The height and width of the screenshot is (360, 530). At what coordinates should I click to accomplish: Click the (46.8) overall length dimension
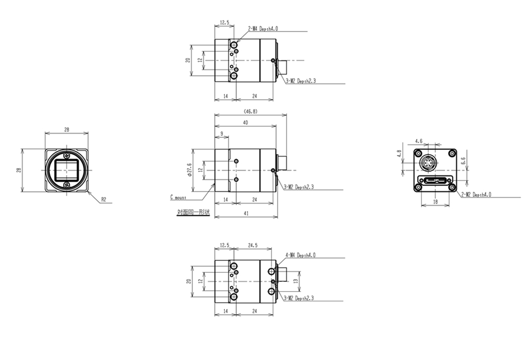251,111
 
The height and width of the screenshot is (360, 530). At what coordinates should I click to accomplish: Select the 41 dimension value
246,213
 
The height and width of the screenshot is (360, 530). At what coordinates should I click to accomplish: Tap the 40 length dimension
245,122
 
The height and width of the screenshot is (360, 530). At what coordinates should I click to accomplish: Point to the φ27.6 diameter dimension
189,170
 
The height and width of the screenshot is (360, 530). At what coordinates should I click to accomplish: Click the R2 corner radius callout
104,200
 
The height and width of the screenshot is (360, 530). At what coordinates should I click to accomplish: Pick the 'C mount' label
178,197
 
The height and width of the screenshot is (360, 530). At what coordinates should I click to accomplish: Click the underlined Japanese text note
193,212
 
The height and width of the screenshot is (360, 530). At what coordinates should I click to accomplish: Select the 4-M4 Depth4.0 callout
301,255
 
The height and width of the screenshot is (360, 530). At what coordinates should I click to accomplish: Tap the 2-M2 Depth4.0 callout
476,194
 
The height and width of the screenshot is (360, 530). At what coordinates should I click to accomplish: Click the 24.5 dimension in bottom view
253,245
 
